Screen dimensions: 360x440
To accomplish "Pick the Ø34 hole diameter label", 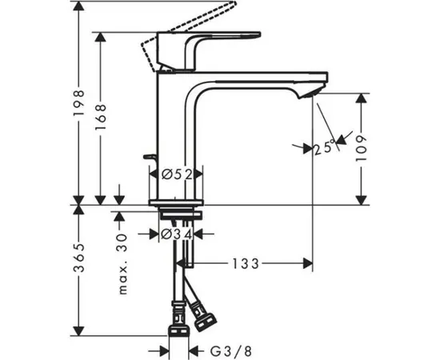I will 176,234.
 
